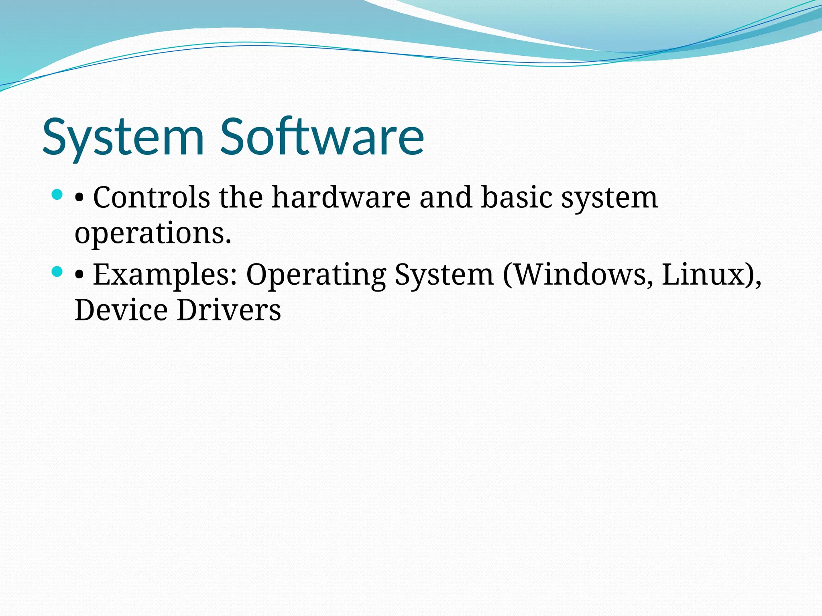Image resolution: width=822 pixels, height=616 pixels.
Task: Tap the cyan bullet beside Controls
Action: [57, 195]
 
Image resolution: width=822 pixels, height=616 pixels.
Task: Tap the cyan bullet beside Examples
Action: [57, 272]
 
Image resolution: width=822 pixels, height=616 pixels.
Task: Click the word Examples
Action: [165, 275]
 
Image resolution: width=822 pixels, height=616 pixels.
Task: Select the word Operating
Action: [316, 275]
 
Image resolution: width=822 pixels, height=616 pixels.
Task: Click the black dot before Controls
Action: [79, 198]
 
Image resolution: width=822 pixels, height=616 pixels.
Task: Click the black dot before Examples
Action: [79, 275]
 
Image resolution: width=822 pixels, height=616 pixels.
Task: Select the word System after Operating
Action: [444, 275]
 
